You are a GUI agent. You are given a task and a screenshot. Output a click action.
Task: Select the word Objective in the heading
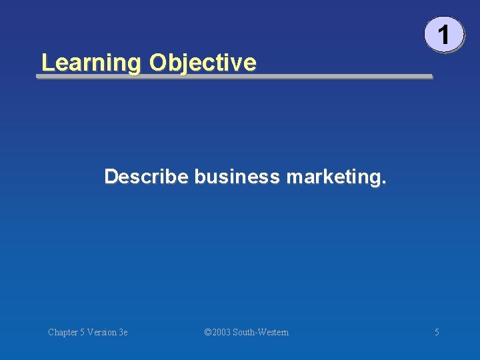pyautogui.click(x=203, y=63)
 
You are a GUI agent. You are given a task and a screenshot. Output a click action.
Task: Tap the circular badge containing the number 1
pyautogui.click(x=443, y=34)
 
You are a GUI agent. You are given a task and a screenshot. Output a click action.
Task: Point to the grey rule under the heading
pyautogui.click(x=234, y=77)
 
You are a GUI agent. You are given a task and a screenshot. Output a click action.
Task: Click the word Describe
pyautogui.click(x=147, y=177)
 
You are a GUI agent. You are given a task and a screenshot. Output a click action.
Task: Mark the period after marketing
pyautogui.click(x=383, y=182)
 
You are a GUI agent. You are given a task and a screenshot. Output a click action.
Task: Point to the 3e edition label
pyautogui.click(x=123, y=332)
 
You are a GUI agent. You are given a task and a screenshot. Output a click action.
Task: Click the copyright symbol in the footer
pyautogui.click(x=207, y=332)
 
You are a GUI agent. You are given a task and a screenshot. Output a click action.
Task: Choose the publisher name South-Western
pyautogui.click(x=261, y=332)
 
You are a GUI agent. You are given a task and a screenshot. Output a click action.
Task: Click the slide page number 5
pyautogui.click(x=437, y=332)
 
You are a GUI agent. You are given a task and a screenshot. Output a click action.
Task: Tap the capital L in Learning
pyautogui.click(x=46, y=63)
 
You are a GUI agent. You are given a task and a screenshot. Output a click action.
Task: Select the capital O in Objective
pyautogui.click(x=157, y=63)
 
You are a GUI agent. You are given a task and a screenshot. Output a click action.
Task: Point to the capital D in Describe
pyautogui.click(x=111, y=177)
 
